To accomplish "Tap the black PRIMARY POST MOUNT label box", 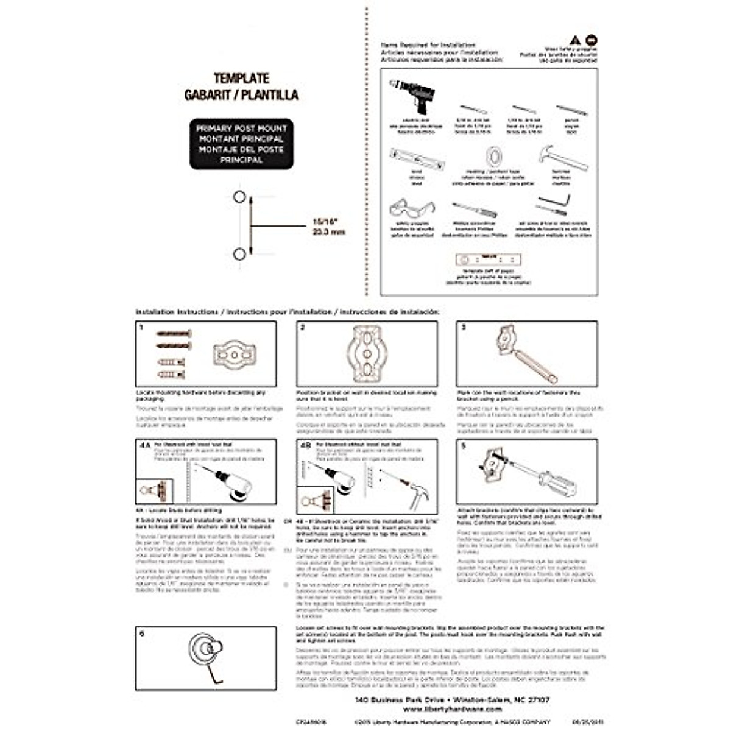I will click(x=241, y=144).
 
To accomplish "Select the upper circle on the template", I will click(x=239, y=197).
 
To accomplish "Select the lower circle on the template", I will click(x=239, y=254).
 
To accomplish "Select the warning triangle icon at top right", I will click(x=574, y=40).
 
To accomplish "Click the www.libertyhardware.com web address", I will click(x=452, y=709).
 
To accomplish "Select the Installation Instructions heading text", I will click(x=177, y=311).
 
